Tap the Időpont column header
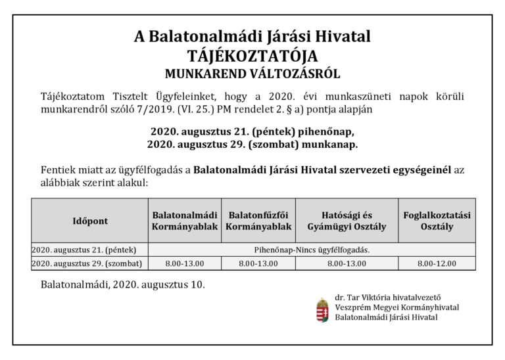tap(90, 221)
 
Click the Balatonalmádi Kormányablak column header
tap(183, 221)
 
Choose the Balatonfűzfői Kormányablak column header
tap(258, 221)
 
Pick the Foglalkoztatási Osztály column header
tap(439, 221)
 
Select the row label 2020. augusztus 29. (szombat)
tap(89, 263)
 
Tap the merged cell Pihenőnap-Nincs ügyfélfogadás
tap(312, 250)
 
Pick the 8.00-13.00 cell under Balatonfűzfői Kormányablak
tap(258, 263)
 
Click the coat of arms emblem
tap(322, 308)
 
